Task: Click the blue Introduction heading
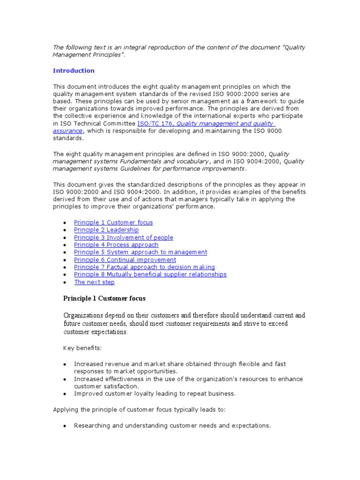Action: click(74, 71)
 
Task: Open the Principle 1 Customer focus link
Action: click(113, 223)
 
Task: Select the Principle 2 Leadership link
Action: click(106, 230)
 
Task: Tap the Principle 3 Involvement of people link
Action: click(123, 238)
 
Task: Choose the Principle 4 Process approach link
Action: click(116, 245)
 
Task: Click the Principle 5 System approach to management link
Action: click(140, 252)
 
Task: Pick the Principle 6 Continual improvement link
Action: click(125, 260)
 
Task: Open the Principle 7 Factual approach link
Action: click(144, 267)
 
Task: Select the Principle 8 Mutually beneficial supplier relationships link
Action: click(150, 275)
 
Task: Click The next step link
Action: click(94, 282)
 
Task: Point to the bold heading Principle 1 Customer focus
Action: click(104, 299)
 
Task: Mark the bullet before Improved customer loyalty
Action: click(64, 394)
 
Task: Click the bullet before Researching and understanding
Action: click(64, 426)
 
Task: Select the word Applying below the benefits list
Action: click(65, 410)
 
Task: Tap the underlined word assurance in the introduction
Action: click(67, 131)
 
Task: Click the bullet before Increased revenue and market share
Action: click(64, 364)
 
